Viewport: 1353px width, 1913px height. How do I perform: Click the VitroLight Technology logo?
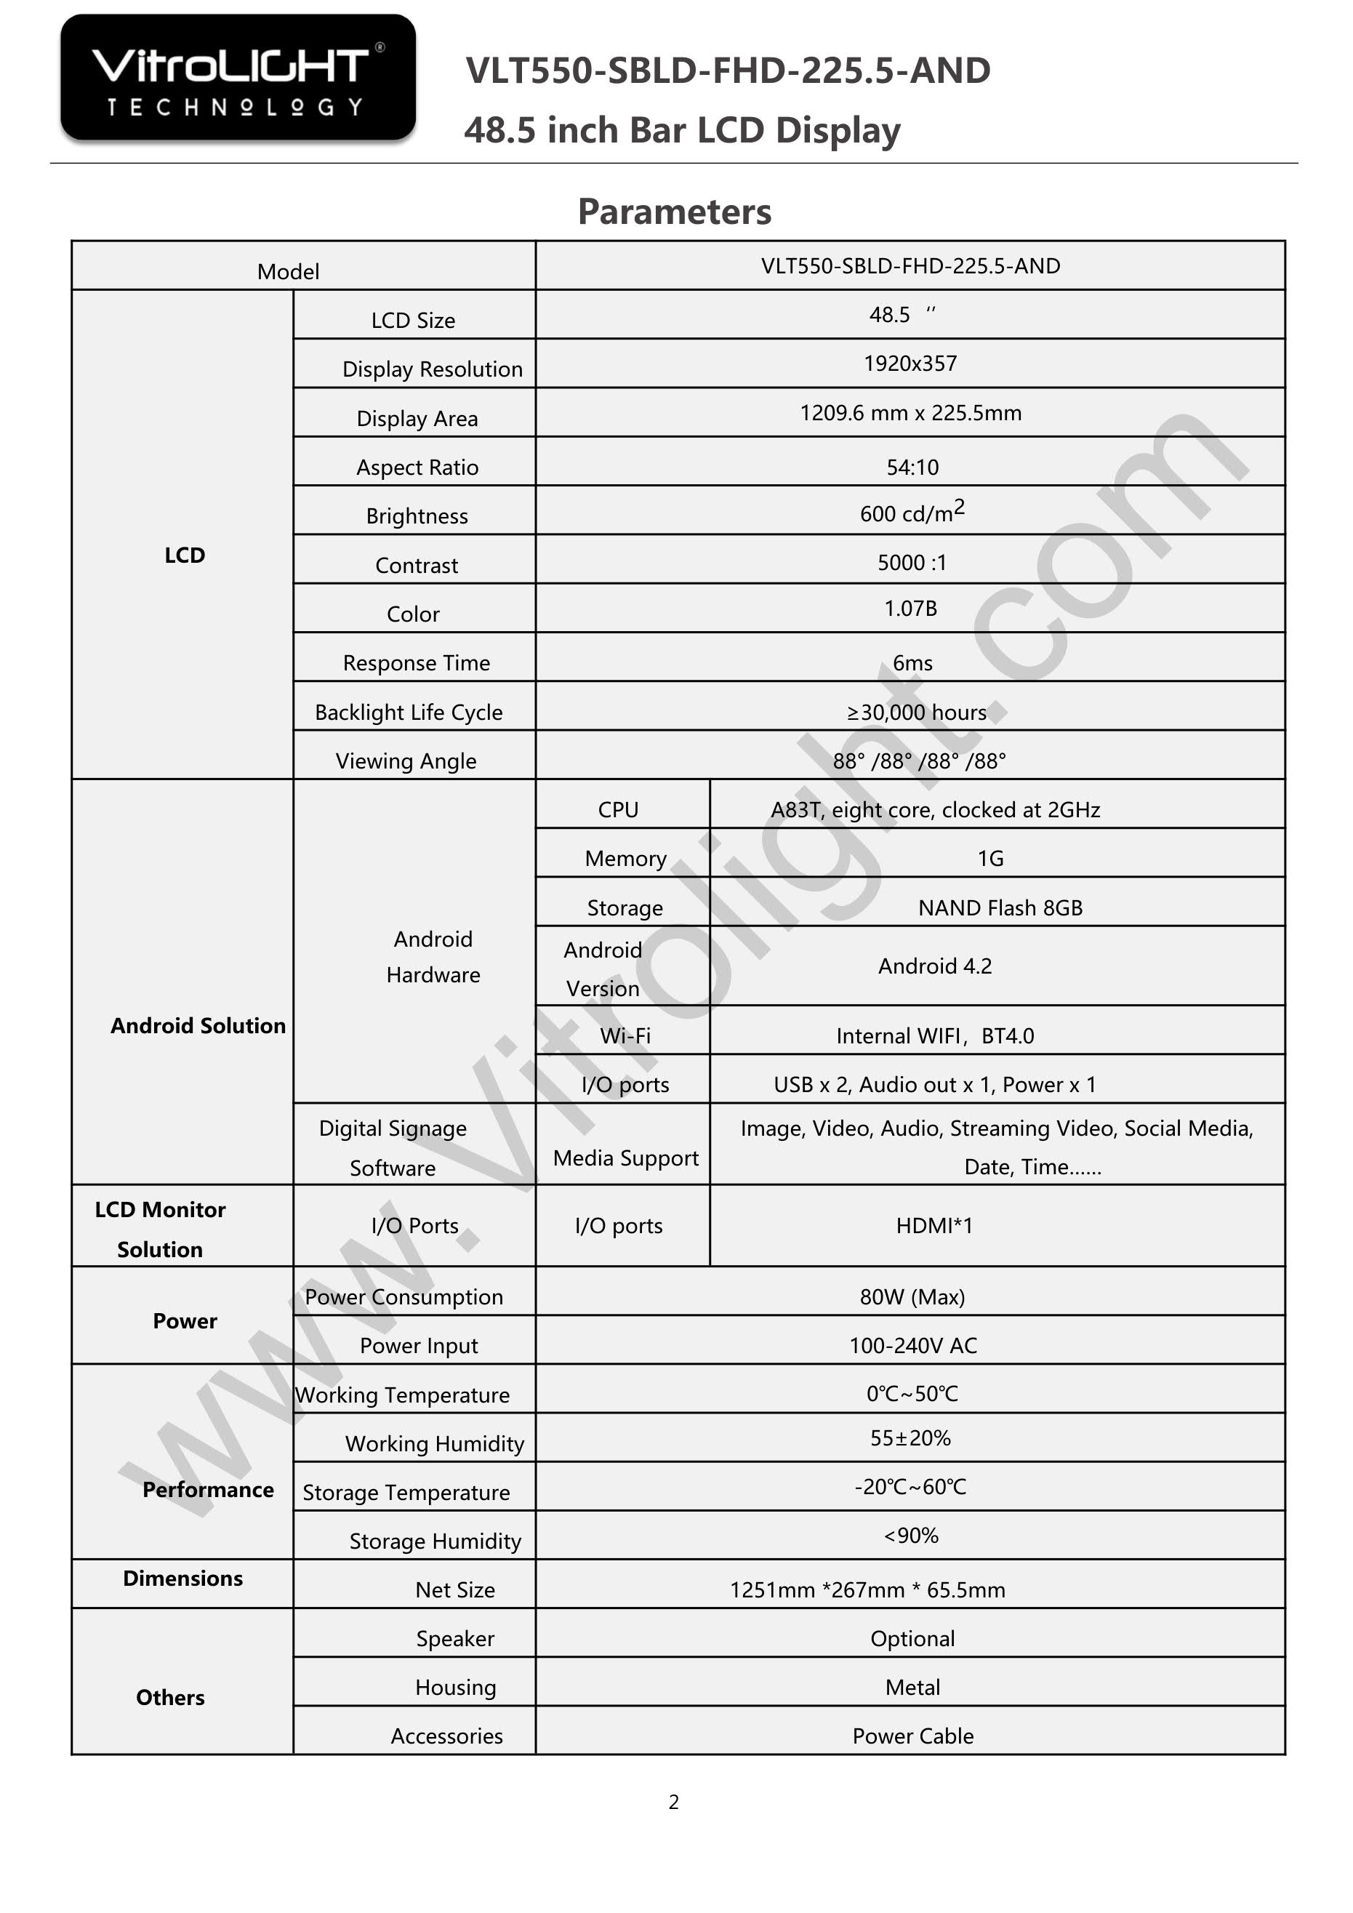coord(238,78)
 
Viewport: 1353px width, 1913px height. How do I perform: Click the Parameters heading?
coord(674,212)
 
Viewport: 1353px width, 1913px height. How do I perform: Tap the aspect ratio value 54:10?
coord(912,468)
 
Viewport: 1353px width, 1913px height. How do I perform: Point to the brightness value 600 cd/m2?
coord(912,513)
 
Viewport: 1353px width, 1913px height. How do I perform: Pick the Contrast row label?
coord(417,566)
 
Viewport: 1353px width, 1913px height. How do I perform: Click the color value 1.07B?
coord(911,609)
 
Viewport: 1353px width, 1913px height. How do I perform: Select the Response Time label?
coord(417,663)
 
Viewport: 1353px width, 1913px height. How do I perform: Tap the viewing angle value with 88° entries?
coord(919,761)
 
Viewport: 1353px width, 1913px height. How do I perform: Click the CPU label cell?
coord(618,810)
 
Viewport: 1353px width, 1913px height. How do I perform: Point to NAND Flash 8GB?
coord(1000,908)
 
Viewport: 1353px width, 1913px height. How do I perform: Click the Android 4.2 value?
coord(935,966)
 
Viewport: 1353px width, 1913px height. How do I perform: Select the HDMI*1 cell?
coord(934,1226)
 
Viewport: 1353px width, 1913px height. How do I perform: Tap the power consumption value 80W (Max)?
coord(912,1297)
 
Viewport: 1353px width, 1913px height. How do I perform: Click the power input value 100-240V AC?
coord(912,1346)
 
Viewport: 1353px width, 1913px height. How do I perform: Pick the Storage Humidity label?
coord(435,1541)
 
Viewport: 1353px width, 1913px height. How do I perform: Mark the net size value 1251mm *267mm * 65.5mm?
coord(867,1589)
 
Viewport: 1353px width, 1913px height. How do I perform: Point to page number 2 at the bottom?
coord(674,1802)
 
